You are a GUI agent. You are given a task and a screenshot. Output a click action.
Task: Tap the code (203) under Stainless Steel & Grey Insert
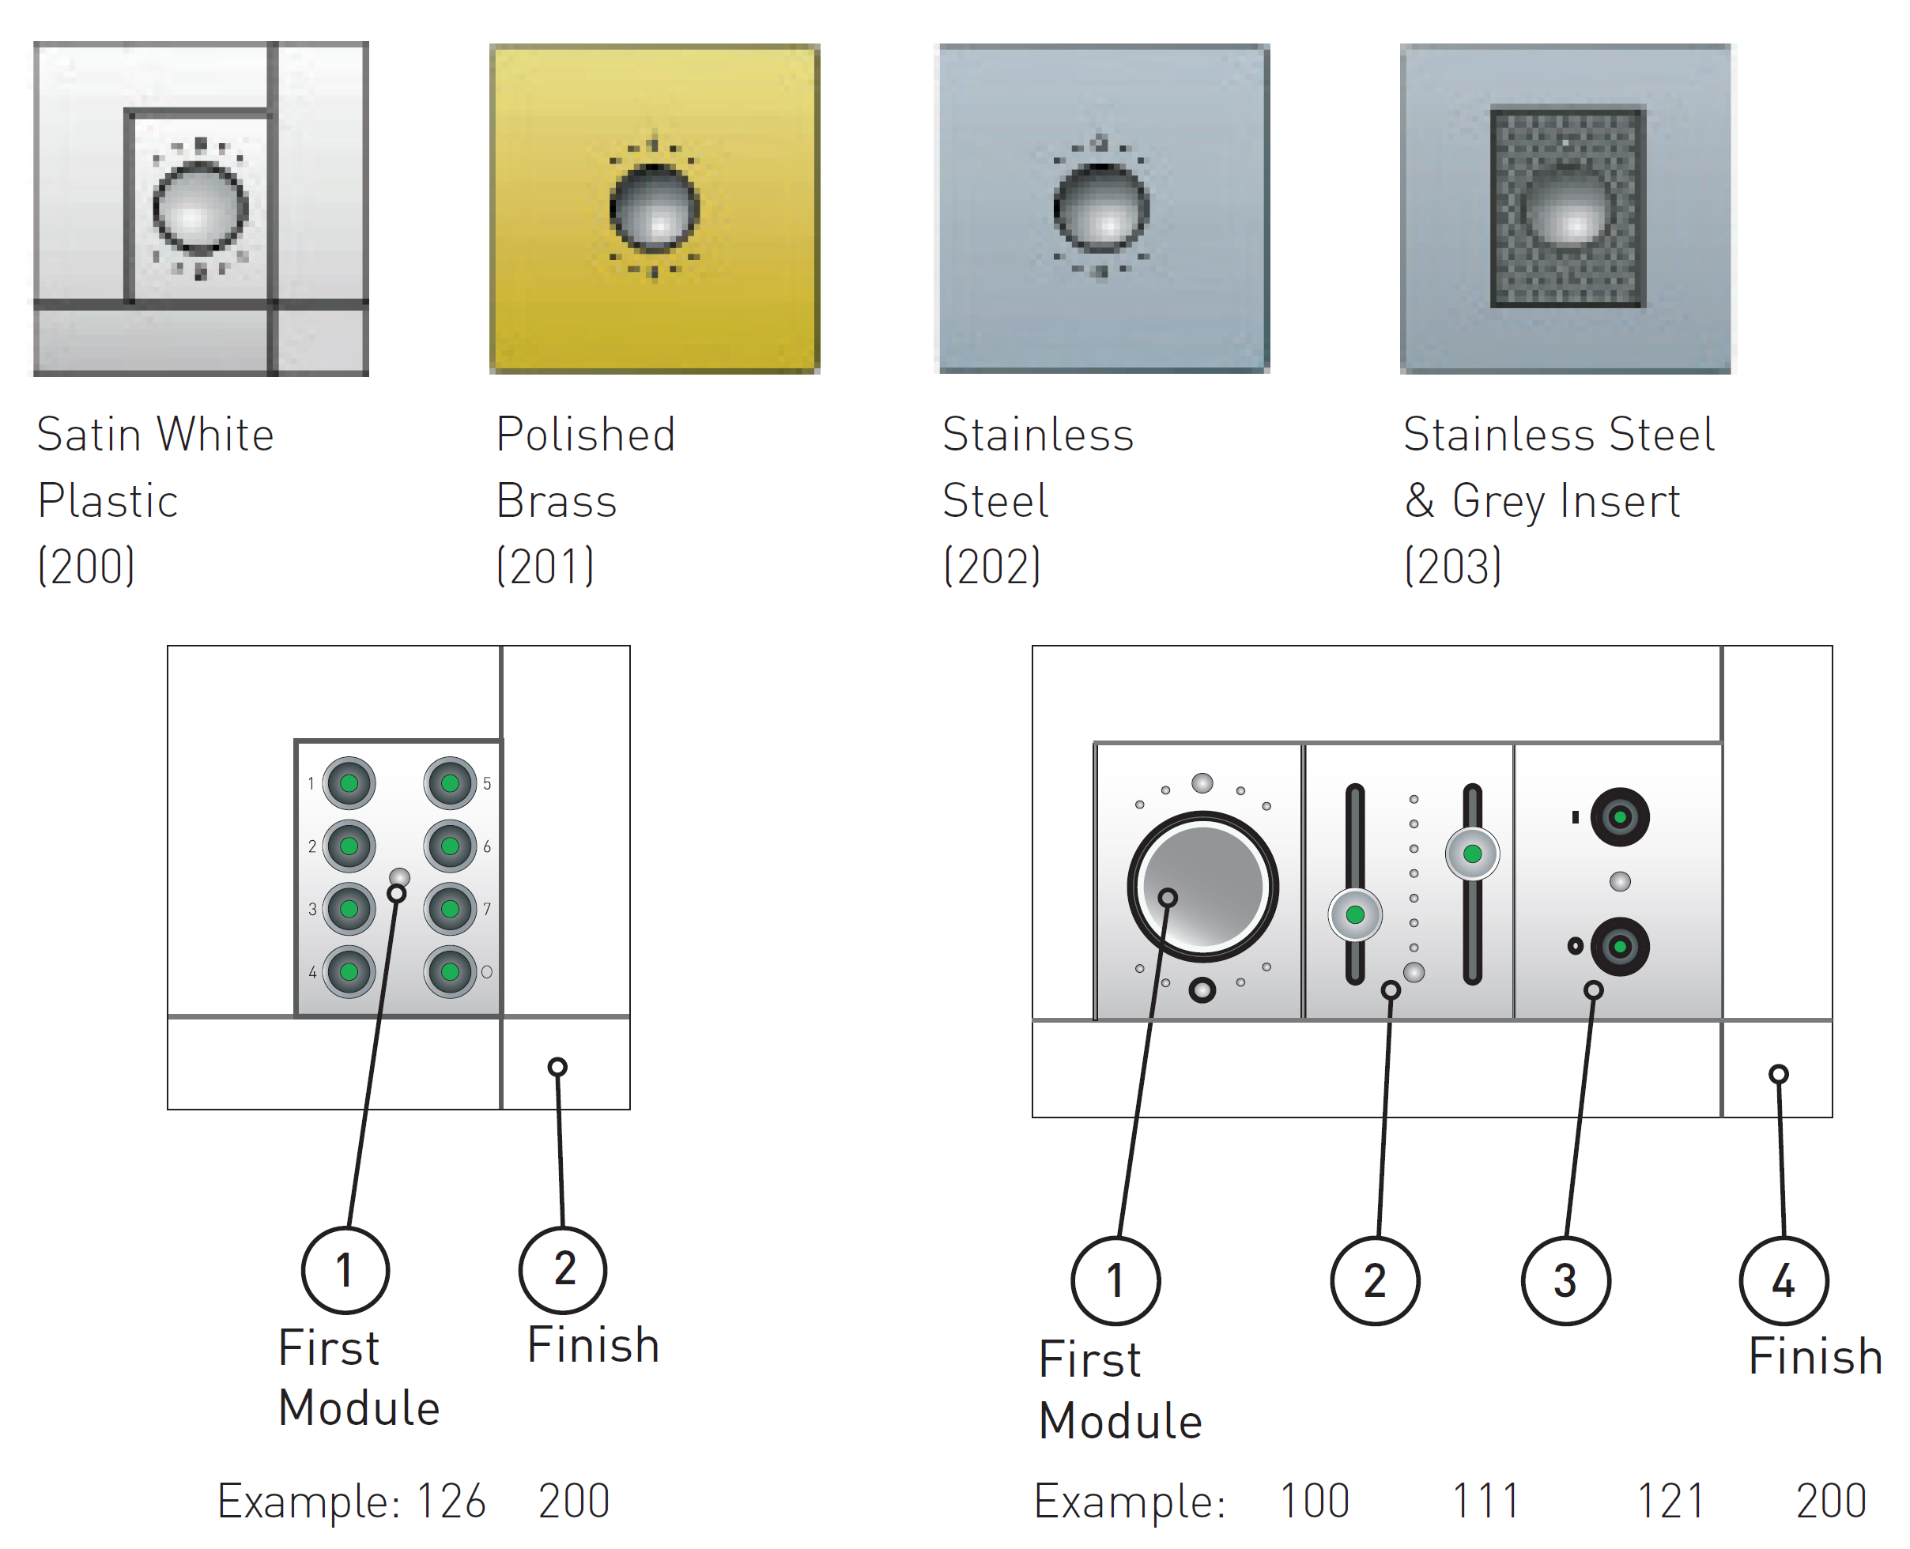(x=1452, y=566)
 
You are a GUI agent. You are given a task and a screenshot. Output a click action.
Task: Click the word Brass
(x=556, y=500)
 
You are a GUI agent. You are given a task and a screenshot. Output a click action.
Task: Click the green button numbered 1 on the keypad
(x=349, y=782)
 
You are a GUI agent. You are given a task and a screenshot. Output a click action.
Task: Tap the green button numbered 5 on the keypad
(x=450, y=782)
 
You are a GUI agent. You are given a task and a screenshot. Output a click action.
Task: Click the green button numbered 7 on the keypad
(x=450, y=908)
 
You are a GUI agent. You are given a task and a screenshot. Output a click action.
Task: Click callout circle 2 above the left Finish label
(x=562, y=1270)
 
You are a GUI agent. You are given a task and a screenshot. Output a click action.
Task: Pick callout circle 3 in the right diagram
(x=1565, y=1280)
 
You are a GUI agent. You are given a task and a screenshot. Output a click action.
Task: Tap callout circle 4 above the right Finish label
(x=1784, y=1280)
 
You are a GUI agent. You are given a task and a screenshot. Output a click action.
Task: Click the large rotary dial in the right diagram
(x=1202, y=886)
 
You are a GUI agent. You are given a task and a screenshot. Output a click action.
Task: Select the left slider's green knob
(x=1355, y=914)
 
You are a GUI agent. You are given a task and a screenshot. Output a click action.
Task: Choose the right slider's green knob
(x=1473, y=854)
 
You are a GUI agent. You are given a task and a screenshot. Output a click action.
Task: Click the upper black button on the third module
(x=1619, y=816)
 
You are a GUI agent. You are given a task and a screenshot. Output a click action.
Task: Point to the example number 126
(x=451, y=1501)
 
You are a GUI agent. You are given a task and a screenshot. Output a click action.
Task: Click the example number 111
(x=1485, y=1501)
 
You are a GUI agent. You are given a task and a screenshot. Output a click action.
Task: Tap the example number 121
(x=1670, y=1501)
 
